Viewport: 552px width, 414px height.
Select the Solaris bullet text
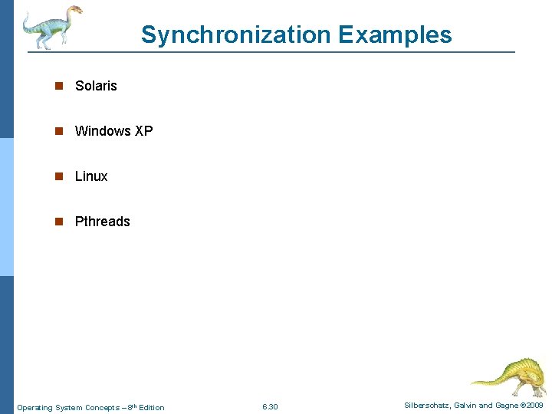pos(96,86)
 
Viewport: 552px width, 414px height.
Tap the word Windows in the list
pos(103,131)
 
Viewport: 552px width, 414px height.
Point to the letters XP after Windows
pos(144,131)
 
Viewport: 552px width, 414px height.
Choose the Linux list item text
pos(91,176)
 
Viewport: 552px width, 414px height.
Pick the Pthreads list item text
pos(102,222)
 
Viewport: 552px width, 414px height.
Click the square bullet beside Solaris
pos(58,87)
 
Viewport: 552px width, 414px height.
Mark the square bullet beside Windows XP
pos(58,132)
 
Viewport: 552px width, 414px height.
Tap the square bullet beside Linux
pos(58,177)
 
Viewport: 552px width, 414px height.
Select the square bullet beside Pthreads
pos(58,222)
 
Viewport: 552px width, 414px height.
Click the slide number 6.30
pos(270,407)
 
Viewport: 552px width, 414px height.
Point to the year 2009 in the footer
pos(534,406)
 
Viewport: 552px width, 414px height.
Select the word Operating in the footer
pos(34,408)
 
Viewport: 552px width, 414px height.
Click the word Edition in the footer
pos(151,408)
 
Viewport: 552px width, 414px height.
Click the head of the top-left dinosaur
pos(74,10)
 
